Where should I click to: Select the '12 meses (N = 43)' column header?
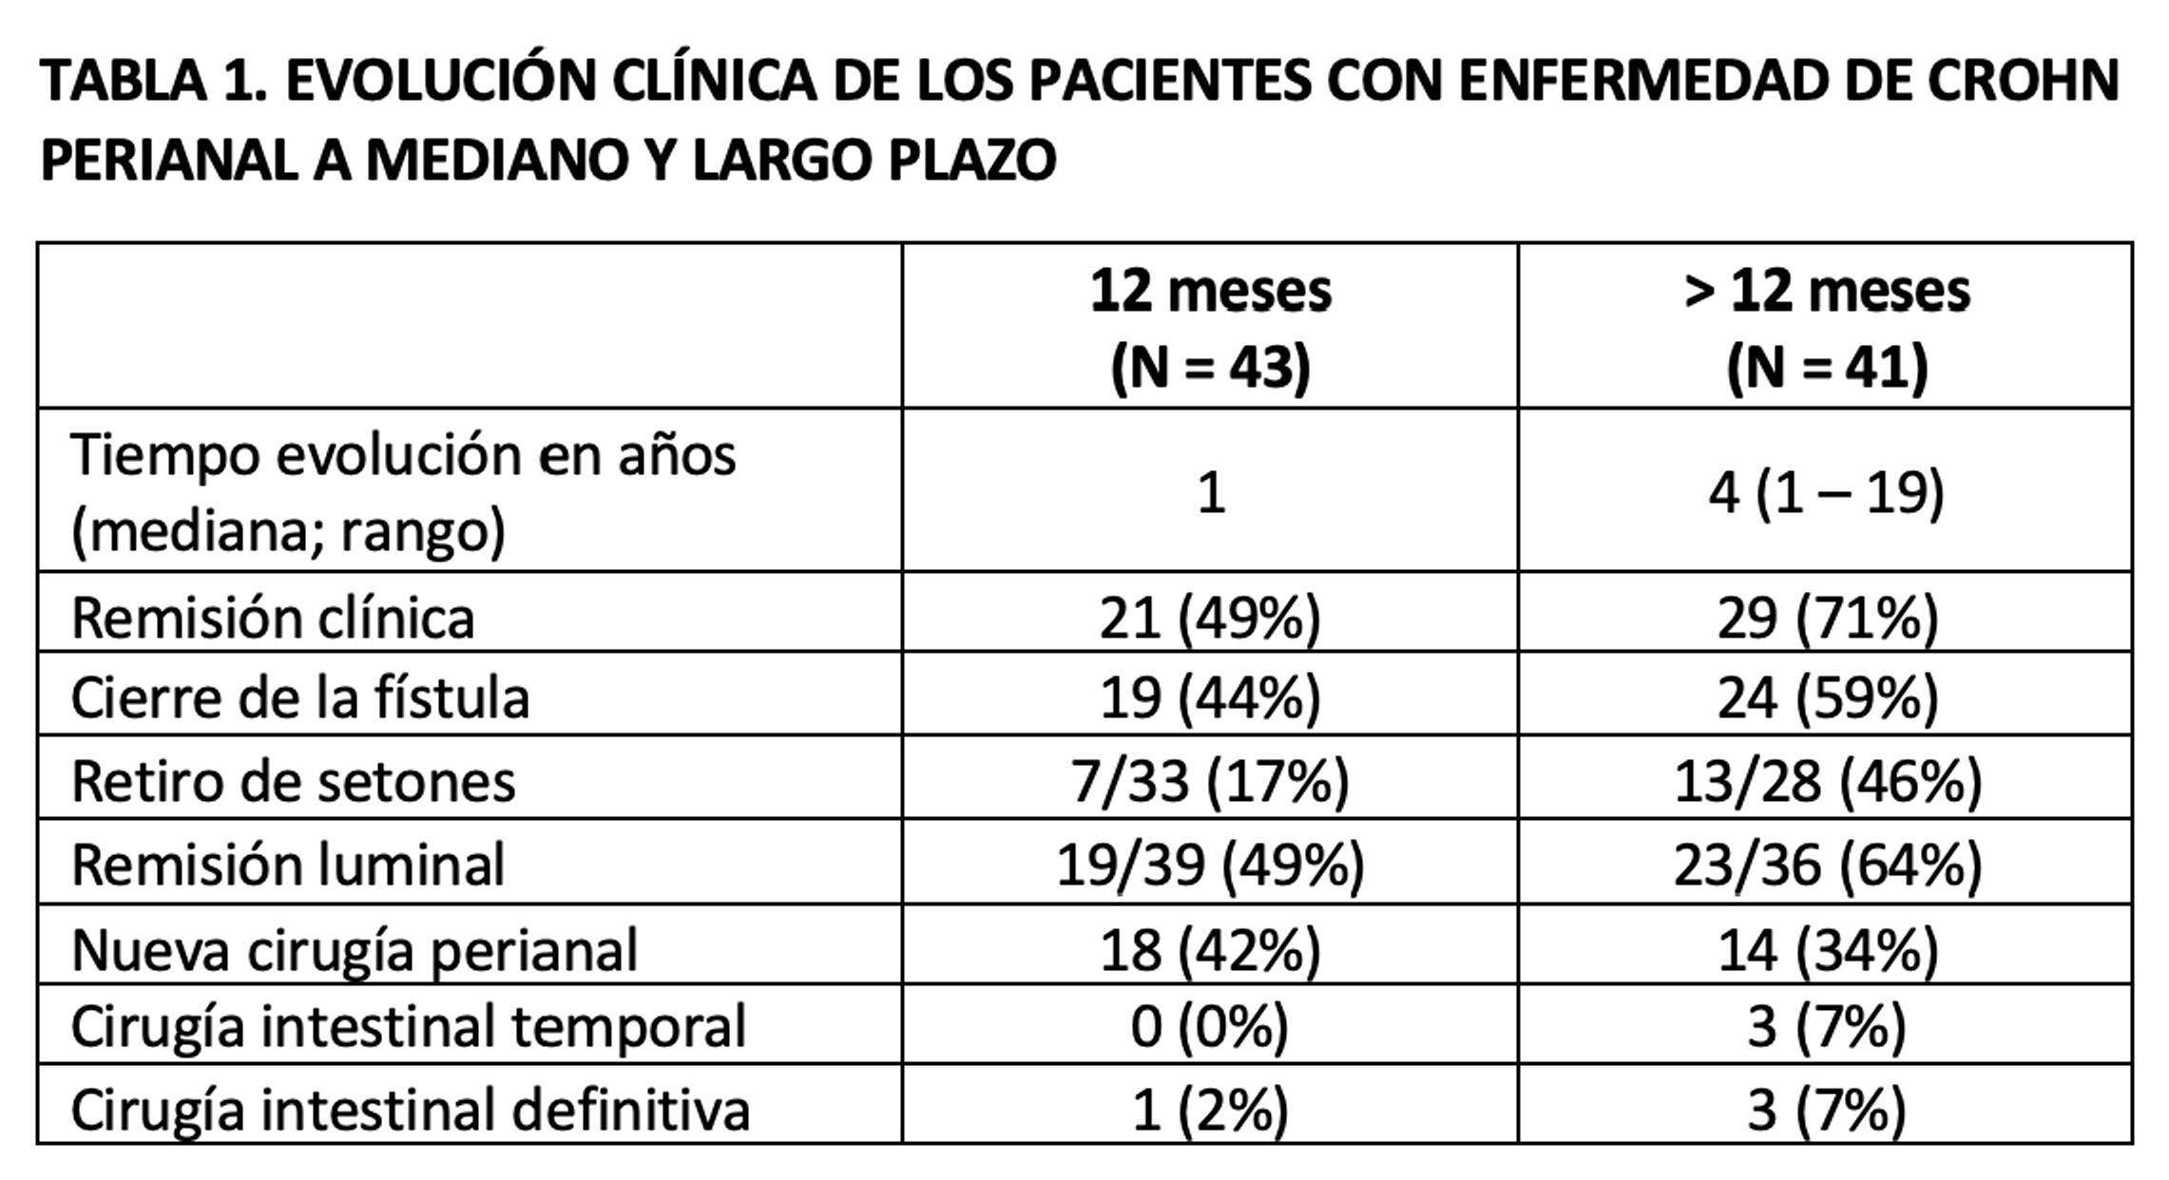1210,328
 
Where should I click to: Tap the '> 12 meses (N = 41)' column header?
1826,328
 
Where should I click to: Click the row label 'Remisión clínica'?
273,618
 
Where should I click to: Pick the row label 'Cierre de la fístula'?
300,698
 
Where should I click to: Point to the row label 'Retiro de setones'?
294,781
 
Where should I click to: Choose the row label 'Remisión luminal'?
288,865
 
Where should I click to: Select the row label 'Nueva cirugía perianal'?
355,949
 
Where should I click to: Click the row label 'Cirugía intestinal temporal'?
409,1027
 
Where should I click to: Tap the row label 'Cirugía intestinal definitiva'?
411,1109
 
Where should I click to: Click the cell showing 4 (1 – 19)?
1826,493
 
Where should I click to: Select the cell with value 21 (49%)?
1210,618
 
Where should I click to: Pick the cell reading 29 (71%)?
1827,618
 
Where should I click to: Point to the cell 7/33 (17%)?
1210,781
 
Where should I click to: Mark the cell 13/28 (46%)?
1827,781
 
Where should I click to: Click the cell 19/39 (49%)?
1210,865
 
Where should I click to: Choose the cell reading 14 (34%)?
1827,949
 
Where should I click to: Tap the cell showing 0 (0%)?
1210,1027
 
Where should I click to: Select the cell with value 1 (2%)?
1210,1109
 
